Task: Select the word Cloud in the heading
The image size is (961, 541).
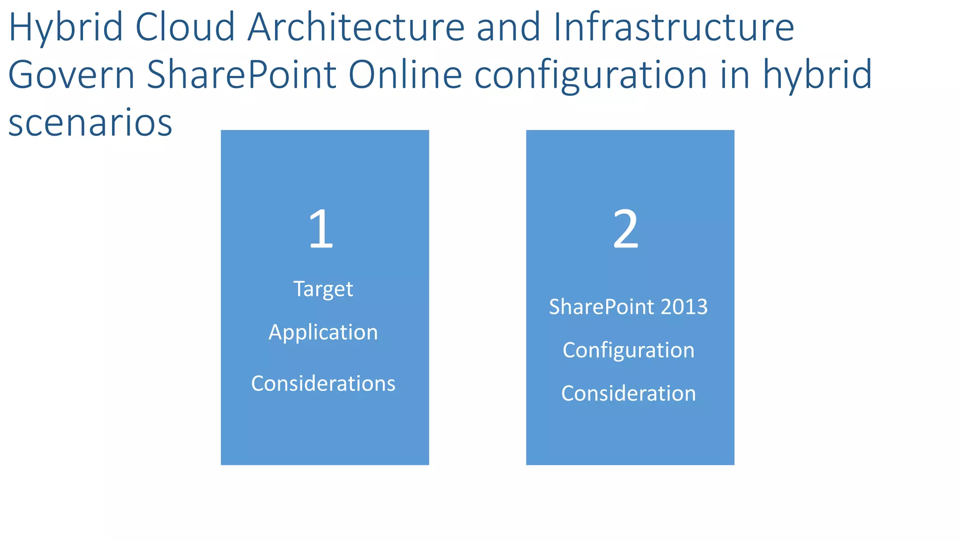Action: pyautogui.click(x=185, y=27)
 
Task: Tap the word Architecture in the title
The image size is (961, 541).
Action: pyautogui.click(x=356, y=27)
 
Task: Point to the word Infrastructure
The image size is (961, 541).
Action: pyautogui.click(x=674, y=27)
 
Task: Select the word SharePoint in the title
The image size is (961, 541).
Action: pyautogui.click(x=242, y=75)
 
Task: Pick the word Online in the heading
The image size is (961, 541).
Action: pyautogui.click(x=405, y=75)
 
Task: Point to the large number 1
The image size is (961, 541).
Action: pyautogui.click(x=321, y=229)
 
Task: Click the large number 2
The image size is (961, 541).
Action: pyautogui.click(x=626, y=229)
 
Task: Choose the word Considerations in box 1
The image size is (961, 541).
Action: pyautogui.click(x=323, y=383)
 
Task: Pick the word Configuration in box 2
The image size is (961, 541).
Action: pyautogui.click(x=628, y=350)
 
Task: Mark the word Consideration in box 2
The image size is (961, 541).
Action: pyautogui.click(x=628, y=393)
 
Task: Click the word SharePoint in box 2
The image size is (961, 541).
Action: pyautogui.click(x=602, y=307)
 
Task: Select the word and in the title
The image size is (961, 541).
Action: pyautogui.click(x=509, y=27)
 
